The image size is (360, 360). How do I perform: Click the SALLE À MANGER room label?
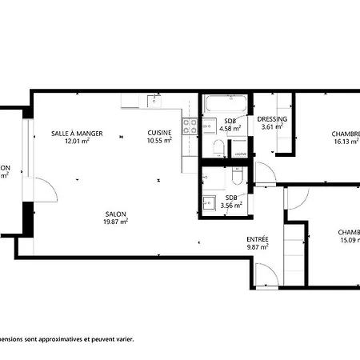[77, 133]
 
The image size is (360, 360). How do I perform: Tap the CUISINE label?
[158, 133]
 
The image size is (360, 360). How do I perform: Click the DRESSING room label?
[272, 120]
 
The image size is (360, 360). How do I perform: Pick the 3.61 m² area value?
[272, 128]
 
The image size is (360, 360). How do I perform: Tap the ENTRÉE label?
[258, 239]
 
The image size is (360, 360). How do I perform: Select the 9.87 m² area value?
[258, 247]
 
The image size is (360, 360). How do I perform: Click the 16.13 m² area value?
[346, 142]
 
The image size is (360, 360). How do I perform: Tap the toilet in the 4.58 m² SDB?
[218, 146]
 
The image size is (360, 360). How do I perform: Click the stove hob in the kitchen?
[191, 125]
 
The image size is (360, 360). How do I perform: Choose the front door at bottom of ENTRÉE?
[267, 276]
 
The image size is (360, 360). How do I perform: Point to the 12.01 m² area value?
[77, 142]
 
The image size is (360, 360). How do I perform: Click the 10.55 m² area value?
[158, 142]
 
